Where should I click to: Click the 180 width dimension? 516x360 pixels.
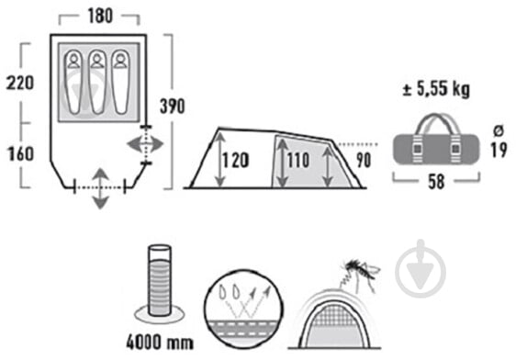pos(100,16)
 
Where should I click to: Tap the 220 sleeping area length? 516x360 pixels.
pos(20,83)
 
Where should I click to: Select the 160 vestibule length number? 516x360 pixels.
pos(20,153)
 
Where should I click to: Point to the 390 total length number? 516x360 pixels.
pos(172,107)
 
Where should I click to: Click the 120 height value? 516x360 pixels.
pos(235,161)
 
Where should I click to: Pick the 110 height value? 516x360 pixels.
pos(298,161)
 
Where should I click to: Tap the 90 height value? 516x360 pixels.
pos(364,161)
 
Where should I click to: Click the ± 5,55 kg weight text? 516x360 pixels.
pos(436,89)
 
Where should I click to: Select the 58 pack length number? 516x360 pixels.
pos(436,182)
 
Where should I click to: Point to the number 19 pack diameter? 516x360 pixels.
pos(499,150)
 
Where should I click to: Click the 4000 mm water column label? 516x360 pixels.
pos(160,343)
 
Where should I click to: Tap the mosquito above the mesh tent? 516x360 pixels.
pos(360,274)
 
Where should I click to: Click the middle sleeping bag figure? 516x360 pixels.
pos(97,82)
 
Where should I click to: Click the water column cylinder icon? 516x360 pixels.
pos(160,280)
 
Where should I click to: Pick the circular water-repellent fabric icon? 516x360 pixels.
pos(243,309)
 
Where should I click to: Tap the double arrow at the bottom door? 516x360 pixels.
pos(100,188)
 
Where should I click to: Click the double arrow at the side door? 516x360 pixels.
pos(145,144)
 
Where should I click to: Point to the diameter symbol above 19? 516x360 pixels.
pos(499,131)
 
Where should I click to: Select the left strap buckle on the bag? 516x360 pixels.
pos(418,149)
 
